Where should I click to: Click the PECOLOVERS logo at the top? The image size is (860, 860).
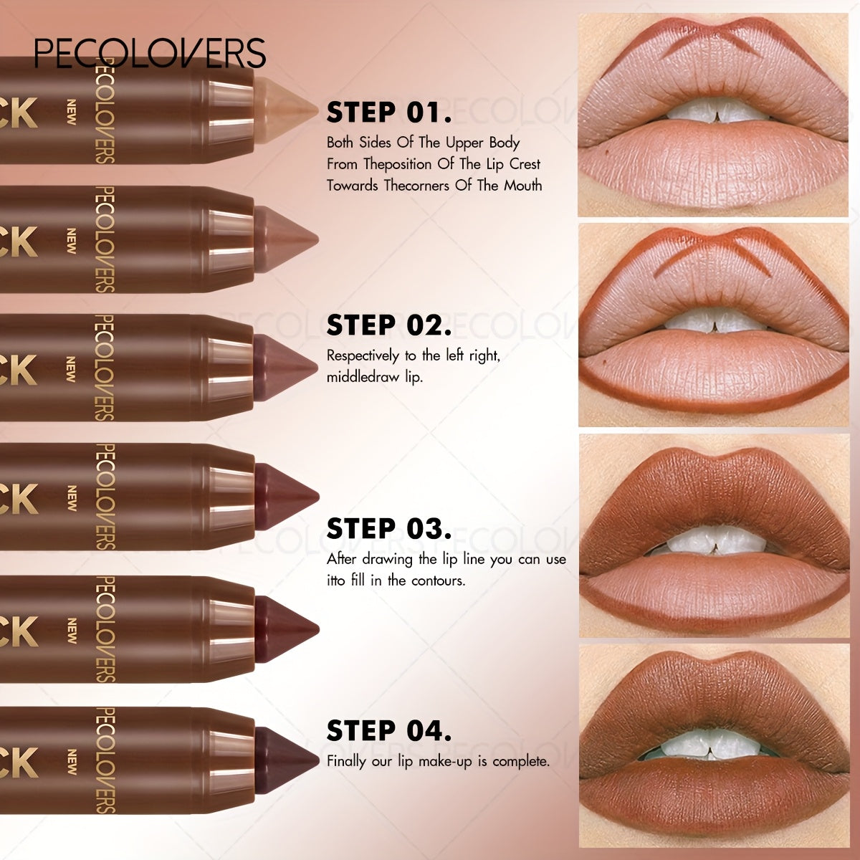pyautogui.click(x=150, y=53)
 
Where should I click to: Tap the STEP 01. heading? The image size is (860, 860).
pyautogui.click(x=389, y=113)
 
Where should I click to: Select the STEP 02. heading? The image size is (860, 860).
pyautogui.click(x=389, y=325)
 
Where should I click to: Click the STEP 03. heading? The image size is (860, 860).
pyautogui.click(x=389, y=528)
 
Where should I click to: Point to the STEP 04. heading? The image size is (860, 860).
pyautogui.click(x=389, y=731)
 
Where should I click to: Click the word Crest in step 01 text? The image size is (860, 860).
pyautogui.click(x=525, y=164)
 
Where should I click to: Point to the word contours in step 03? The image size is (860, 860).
pyautogui.click(x=438, y=580)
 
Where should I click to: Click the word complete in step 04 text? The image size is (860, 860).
pyautogui.click(x=521, y=761)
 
